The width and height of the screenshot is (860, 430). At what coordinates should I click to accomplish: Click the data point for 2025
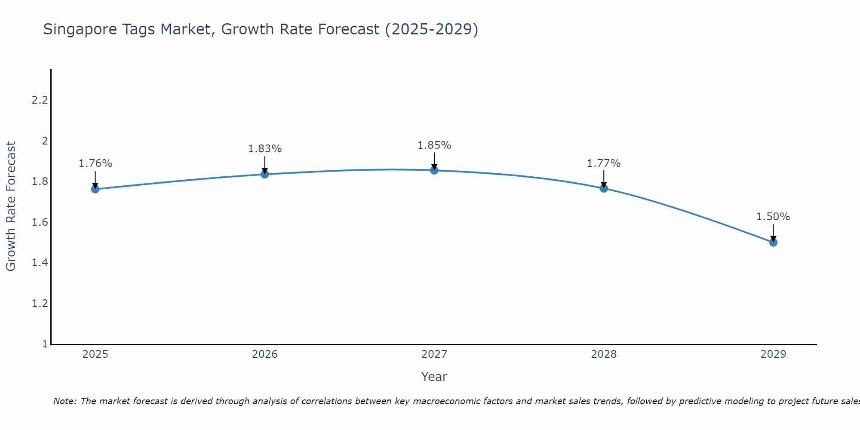pos(95,189)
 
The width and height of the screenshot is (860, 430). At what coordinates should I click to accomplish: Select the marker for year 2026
pos(265,174)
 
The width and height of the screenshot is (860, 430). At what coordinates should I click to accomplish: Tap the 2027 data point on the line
pos(434,170)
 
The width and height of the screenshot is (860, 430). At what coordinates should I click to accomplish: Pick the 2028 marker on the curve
pos(604,188)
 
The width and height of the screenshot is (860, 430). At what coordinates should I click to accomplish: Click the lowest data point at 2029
pos(773,243)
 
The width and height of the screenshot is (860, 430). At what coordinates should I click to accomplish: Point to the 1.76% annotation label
pos(95,163)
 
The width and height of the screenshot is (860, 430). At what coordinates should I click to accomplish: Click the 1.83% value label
pos(265,149)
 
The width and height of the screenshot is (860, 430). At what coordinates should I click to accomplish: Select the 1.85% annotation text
pos(434,145)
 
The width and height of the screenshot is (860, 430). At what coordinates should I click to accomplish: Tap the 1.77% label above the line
pos(604,163)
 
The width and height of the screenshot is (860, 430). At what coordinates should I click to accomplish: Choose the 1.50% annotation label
pos(773,217)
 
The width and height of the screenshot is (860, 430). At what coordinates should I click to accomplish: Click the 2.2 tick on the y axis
pos(40,100)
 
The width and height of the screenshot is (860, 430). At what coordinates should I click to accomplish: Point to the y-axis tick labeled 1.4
pos(40,263)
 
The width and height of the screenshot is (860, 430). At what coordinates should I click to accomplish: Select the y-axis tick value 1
pos(45,344)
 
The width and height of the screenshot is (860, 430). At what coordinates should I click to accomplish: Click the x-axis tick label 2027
pos(434,354)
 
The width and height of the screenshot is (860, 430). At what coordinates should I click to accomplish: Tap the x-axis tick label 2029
pos(773,354)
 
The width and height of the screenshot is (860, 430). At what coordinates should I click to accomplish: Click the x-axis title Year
pos(434,377)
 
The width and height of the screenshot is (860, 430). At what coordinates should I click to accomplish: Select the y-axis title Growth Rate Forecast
pos(11,206)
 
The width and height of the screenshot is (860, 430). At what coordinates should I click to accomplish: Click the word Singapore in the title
pos(78,30)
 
